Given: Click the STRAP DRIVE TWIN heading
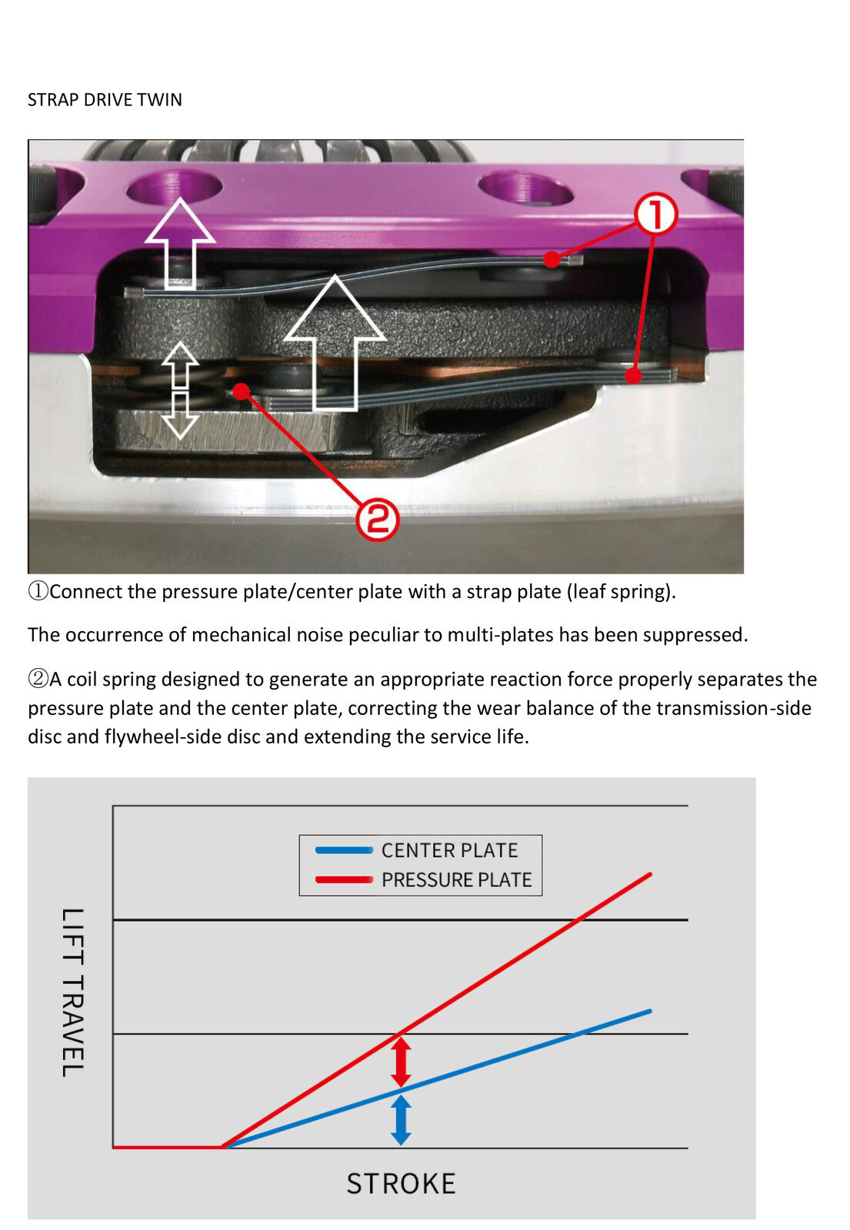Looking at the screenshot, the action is pos(105,100).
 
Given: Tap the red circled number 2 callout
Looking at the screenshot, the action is pos(377,519).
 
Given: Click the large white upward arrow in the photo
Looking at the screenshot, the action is pos(335,343).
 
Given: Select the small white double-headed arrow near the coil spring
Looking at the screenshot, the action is pos(180,391).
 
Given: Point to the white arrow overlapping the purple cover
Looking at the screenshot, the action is pos(180,243).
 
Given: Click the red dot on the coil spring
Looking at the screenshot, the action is pos(241,391).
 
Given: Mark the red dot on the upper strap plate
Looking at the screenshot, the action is pos(552,259).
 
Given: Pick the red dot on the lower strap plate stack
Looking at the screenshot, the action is pos(633,376).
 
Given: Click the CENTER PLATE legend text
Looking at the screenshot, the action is pos(449,850).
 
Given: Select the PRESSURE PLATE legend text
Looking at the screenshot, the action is pos(457,880).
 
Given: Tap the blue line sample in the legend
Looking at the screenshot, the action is pos(344,850).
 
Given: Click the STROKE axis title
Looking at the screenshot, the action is pos(401,1183).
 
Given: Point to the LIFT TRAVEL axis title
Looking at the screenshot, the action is pos(72,992).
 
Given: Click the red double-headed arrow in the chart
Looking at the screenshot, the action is pos(401,1062).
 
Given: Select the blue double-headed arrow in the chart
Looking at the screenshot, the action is pos(401,1120).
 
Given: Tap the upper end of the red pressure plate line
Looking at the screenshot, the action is pos(651,873).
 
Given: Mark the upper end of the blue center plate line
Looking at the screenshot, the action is pos(650,1011).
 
